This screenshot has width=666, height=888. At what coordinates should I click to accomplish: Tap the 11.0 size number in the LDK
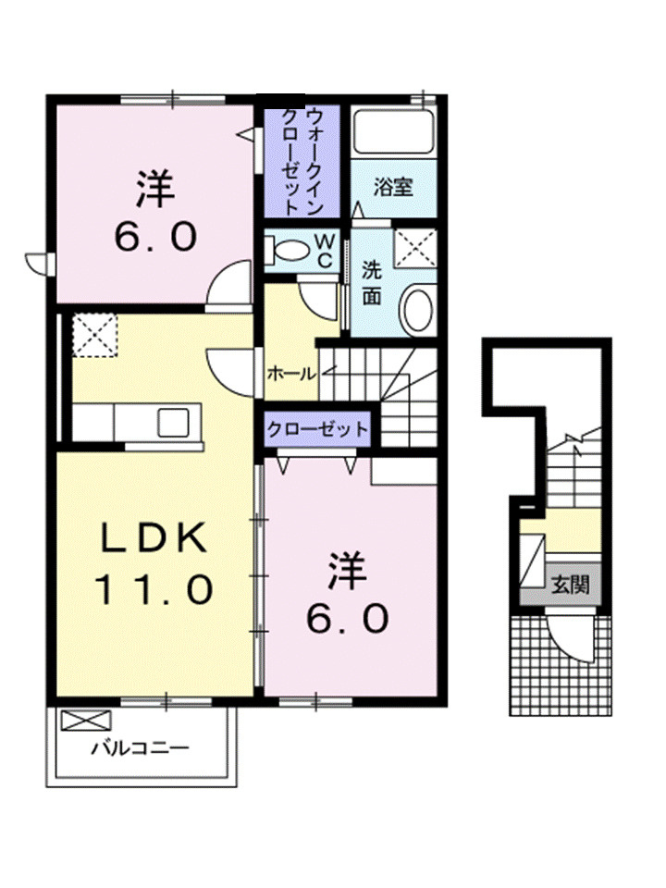coord(153,588)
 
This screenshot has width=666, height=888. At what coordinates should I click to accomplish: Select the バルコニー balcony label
coord(139,747)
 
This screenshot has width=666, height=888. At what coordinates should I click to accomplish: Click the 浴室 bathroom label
coord(392,186)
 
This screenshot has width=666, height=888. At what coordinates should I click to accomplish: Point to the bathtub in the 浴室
coord(393,133)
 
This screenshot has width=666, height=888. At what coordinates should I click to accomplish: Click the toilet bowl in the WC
coord(290,249)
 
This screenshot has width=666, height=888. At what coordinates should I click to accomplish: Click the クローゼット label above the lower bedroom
coord(317,429)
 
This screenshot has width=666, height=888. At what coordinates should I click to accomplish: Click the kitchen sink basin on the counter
coord(174,423)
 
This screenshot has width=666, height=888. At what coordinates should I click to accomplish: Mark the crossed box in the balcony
coord(85,720)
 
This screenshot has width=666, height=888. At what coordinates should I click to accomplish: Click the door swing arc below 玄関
coord(567,638)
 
